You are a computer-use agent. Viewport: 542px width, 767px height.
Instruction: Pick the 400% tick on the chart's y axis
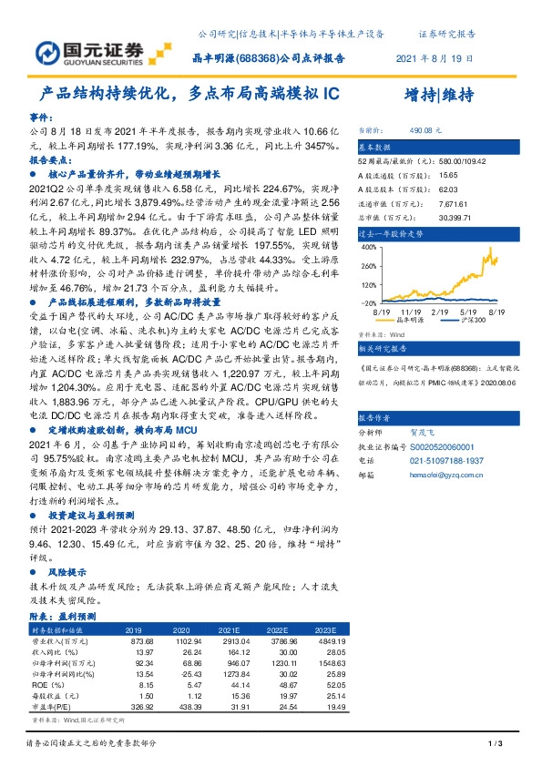367,247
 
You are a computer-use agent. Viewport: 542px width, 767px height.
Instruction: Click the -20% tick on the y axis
367,302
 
